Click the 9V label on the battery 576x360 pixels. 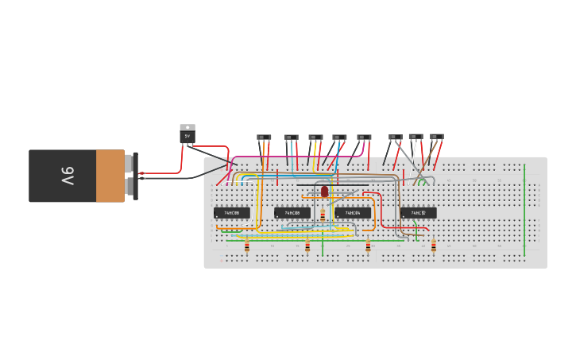click(x=68, y=176)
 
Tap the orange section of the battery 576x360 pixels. click(x=110, y=176)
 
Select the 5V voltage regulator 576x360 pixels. click(x=187, y=134)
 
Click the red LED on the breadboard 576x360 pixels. click(x=324, y=191)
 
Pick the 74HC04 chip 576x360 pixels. click(x=353, y=213)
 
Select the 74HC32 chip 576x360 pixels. click(x=418, y=213)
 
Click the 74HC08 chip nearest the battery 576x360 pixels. click(x=231, y=213)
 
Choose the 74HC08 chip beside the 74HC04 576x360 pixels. click(x=292, y=213)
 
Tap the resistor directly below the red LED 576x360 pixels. click(x=323, y=215)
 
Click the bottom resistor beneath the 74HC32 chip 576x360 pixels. click(x=433, y=246)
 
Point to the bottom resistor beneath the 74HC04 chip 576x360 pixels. click(x=368, y=246)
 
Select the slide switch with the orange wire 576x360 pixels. click(x=264, y=137)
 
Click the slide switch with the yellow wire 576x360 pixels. click(x=315, y=137)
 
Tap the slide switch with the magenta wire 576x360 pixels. click(x=364, y=137)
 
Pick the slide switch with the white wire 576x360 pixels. click(x=416, y=137)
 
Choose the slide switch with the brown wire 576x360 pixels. click(x=436, y=137)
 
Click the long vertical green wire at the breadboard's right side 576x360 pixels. click(x=524, y=211)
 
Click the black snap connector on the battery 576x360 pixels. click(x=135, y=176)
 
